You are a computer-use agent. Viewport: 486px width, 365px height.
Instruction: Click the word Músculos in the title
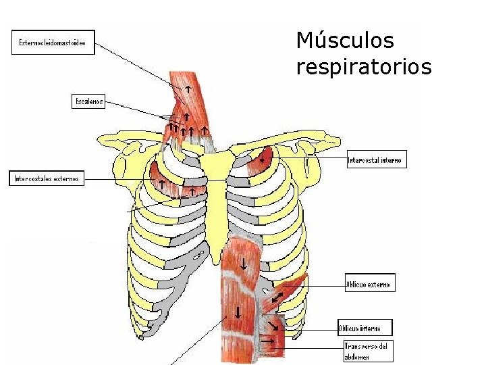click(344, 41)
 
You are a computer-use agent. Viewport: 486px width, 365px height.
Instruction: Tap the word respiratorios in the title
click(363, 67)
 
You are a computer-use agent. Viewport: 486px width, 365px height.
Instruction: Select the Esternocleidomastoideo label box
click(52, 44)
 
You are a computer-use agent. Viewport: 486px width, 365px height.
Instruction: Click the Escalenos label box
click(88, 101)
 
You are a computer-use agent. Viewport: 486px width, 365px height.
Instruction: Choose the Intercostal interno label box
click(376, 160)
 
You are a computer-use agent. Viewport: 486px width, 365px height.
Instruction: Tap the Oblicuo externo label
click(369, 284)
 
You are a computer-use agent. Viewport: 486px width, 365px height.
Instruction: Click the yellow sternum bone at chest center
click(217, 203)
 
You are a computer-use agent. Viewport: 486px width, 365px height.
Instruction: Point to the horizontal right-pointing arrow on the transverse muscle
click(269, 341)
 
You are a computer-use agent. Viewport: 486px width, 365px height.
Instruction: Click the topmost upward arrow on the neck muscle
click(188, 88)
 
